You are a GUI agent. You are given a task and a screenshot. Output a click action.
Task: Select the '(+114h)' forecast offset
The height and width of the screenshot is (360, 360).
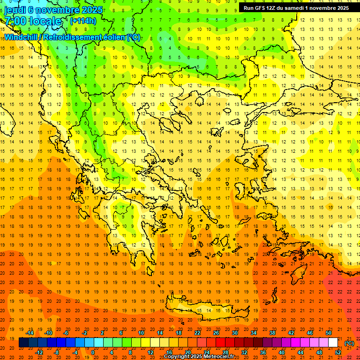click(83, 21)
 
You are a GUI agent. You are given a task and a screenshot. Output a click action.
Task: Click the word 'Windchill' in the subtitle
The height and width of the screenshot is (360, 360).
click(21, 37)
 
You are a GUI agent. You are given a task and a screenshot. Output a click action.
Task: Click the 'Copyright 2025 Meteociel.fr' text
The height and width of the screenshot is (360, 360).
click(199, 357)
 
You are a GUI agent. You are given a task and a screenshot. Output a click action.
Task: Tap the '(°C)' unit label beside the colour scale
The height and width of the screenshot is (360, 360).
click(349, 343)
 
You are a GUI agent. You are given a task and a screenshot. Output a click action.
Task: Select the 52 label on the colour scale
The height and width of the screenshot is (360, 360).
click(338, 352)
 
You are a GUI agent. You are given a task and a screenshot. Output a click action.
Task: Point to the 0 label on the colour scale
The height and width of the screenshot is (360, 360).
click(92, 352)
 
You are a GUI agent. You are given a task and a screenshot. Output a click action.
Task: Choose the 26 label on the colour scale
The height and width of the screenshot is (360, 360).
click(216, 332)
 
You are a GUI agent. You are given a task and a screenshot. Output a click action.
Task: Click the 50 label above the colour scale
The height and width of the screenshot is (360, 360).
click(329, 332)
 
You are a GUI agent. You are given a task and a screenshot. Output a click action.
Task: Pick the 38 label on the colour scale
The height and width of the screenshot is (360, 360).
click(272, 332)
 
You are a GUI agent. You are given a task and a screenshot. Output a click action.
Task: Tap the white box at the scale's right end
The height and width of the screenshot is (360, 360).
click(333, 343)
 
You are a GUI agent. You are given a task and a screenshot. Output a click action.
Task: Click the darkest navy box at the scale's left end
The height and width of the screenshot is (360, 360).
click(23, 343)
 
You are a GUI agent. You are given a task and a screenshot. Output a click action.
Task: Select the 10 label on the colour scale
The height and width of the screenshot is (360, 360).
click(141, 332)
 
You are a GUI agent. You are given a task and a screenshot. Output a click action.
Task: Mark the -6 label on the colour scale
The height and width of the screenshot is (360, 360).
click(67, 332)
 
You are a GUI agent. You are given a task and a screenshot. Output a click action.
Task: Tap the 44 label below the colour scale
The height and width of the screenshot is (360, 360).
click(300, 352)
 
